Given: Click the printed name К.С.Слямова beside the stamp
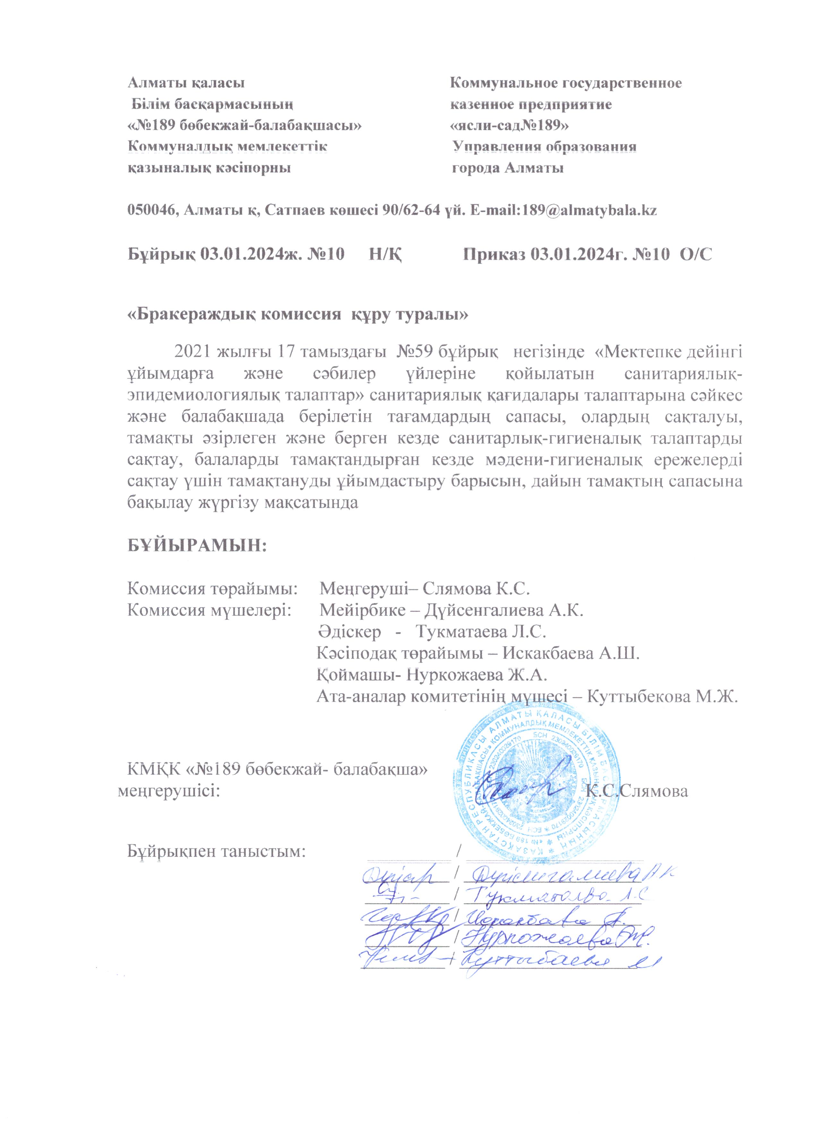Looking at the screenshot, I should click(x=637, y=791).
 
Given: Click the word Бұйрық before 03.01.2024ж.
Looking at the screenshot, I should click(x=160, y=255).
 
